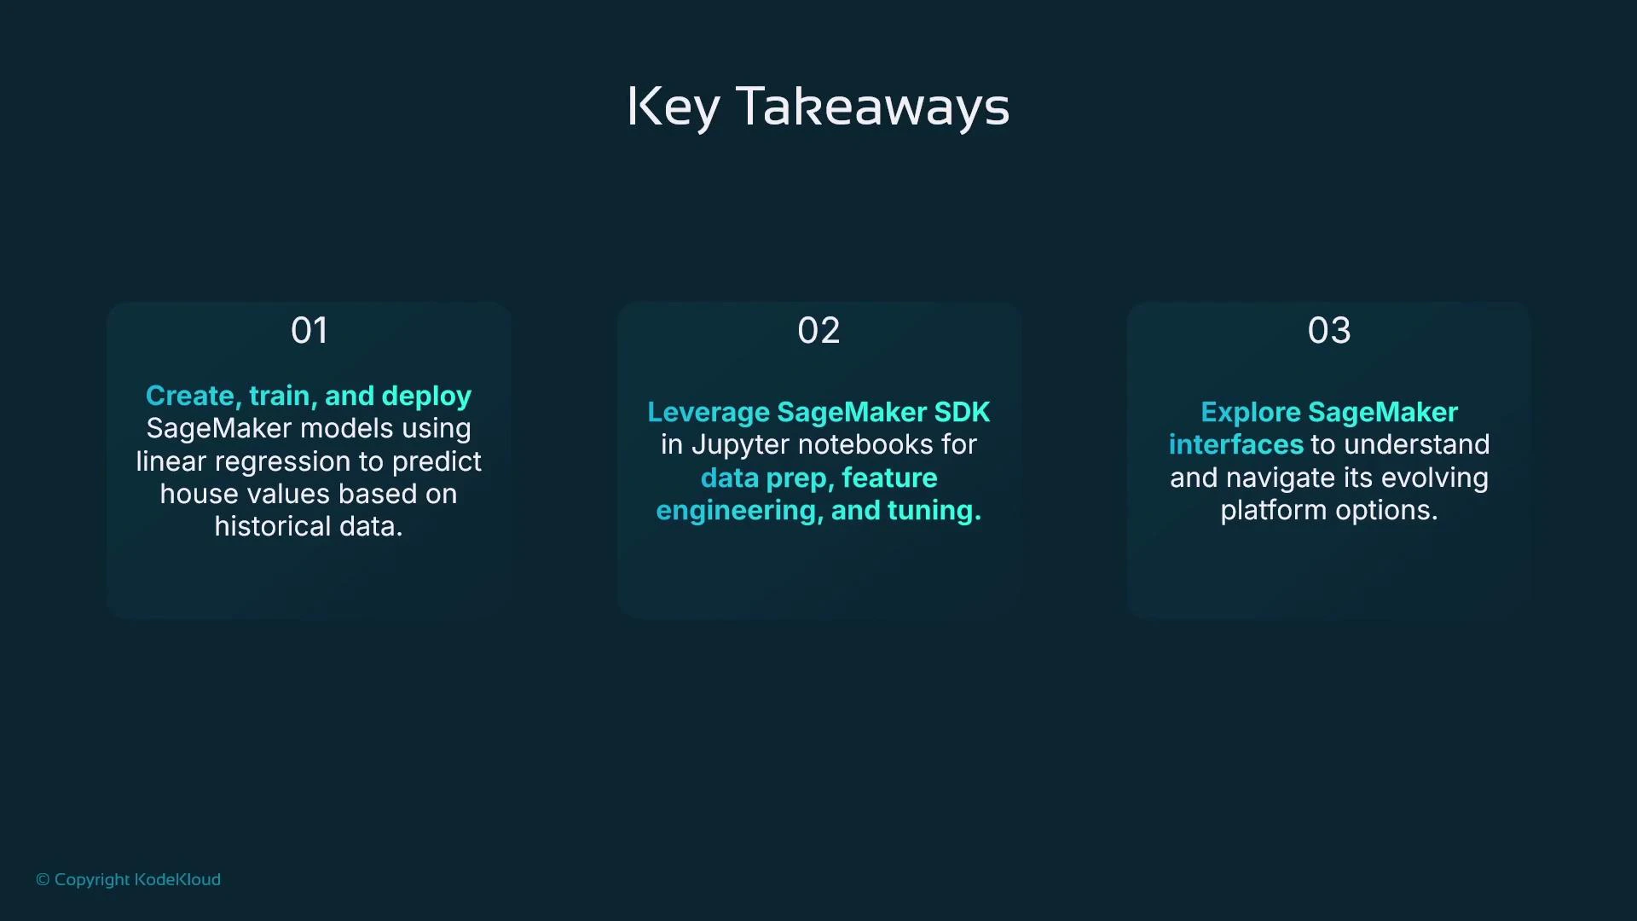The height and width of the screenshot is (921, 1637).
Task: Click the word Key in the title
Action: click(673, 107)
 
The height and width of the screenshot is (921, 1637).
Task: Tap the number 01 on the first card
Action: click(309, 331)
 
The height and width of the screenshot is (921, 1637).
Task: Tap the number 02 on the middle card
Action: click(818, 331)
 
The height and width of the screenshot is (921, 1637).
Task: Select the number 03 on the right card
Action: click(1328, 331)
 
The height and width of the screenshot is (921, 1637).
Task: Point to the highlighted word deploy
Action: click(426, 397)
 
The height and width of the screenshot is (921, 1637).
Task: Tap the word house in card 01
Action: click(199, 494)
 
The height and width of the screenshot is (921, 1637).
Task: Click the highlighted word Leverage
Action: click(708, 413)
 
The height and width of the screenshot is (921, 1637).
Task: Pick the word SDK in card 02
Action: click(962, 412)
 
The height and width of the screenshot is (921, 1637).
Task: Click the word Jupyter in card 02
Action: click(739, 445)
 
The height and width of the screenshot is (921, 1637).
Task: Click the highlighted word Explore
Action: click(1250, 413)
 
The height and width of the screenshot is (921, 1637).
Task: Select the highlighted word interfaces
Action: click(1235, 445)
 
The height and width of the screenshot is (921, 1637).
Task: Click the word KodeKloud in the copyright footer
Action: click(177, 879)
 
